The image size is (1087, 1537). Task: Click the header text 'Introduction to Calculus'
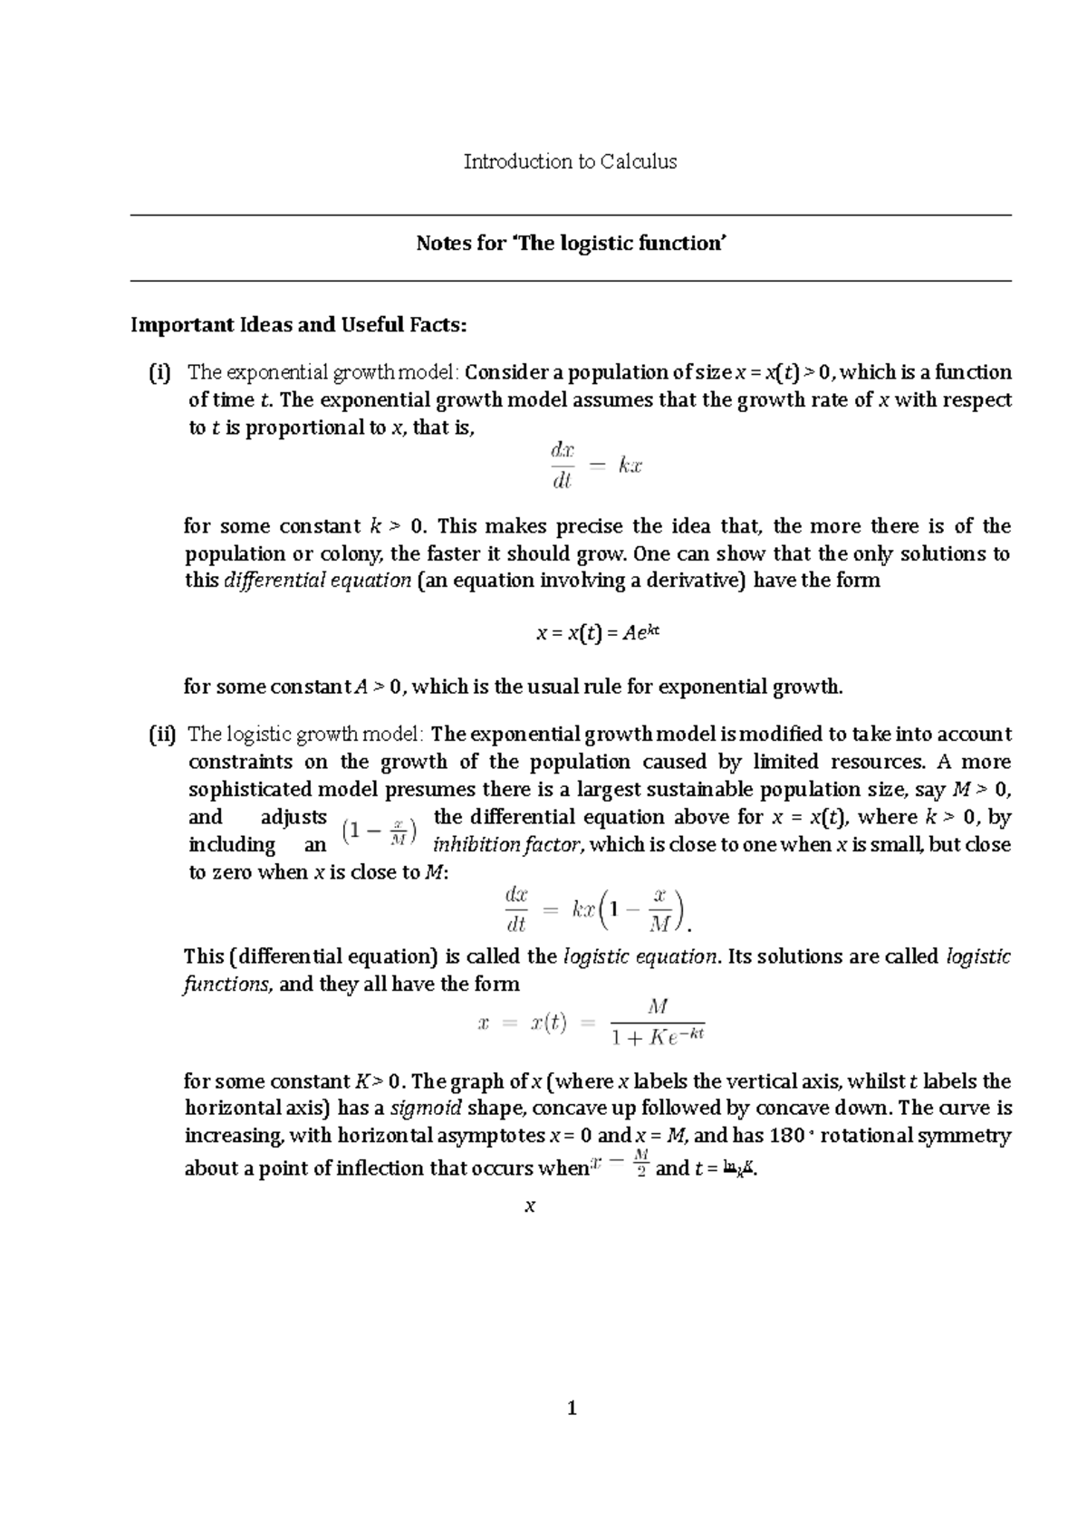[x=570, y=162]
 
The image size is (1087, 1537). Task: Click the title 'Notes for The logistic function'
[x=572, y=244]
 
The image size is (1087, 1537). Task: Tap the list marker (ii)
[x=162, y=735]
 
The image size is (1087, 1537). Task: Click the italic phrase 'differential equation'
[x=317, y=581]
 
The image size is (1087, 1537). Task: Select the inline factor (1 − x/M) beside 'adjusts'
[x=380, y=831]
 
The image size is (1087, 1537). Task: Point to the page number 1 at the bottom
[x=571, y=1408]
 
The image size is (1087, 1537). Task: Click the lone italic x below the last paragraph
[x=531, y=1206]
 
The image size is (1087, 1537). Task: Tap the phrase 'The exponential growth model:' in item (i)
[x=323, y=372]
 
